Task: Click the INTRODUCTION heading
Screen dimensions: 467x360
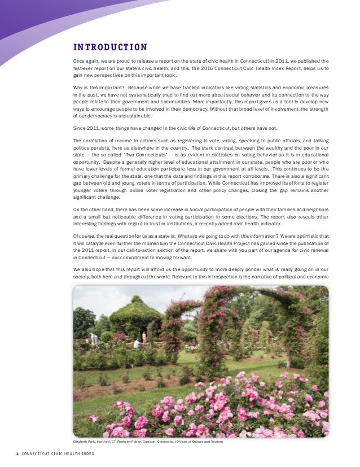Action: (111, 47)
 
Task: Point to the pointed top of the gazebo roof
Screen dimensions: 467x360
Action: (136, 297)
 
